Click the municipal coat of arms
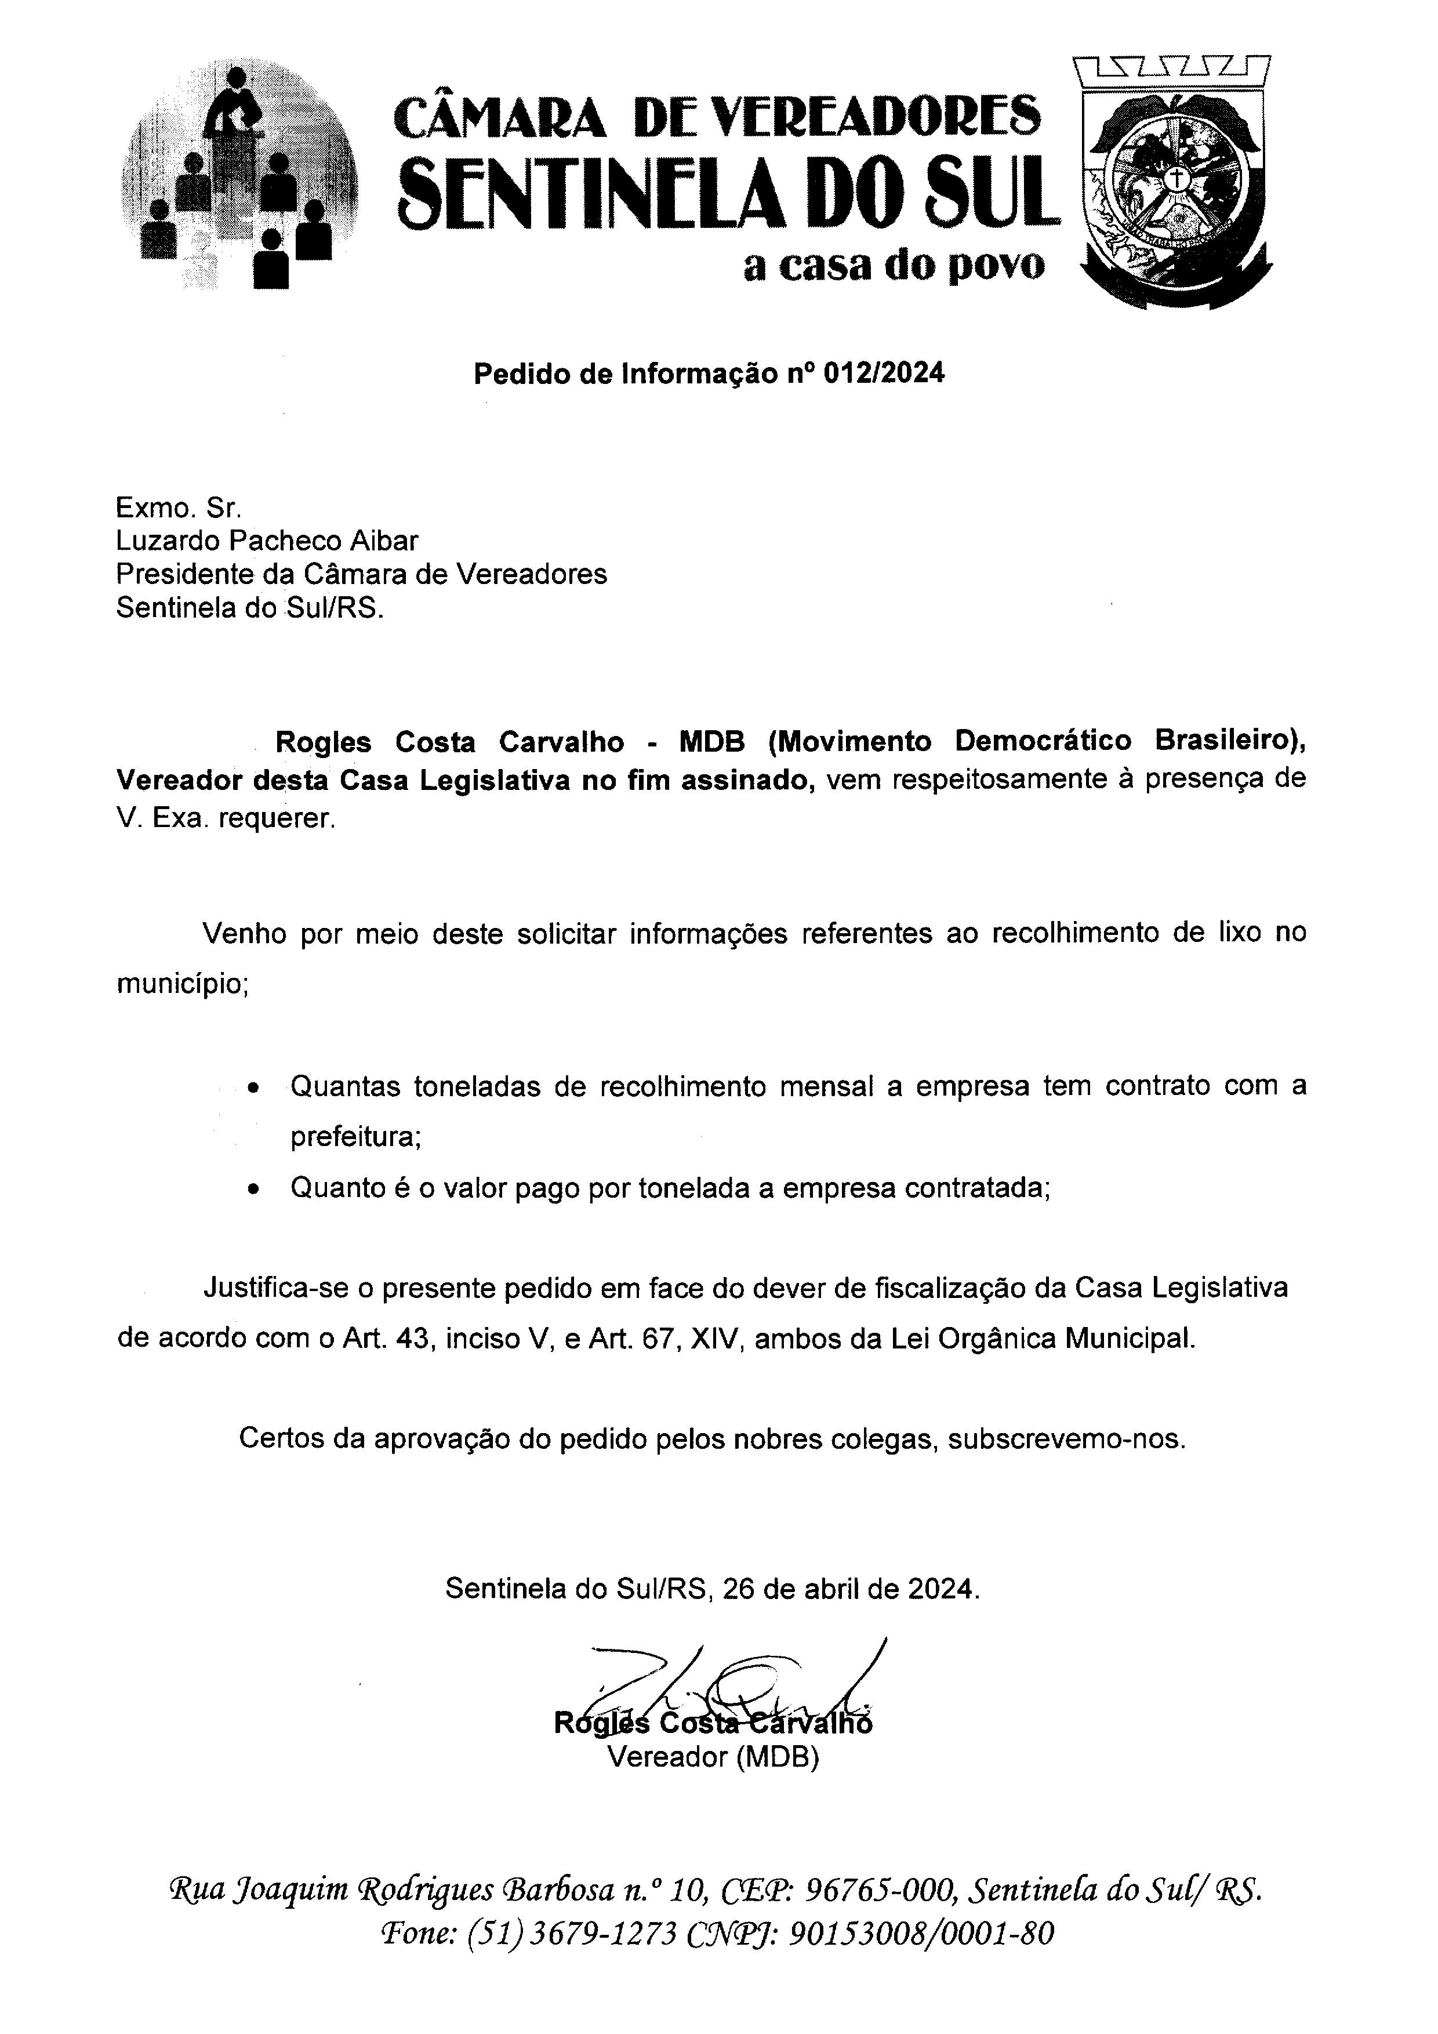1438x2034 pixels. (x=1174, y=182)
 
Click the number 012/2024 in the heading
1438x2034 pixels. (x=883, y=374)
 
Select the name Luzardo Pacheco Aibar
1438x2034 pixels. (x=267, y=541)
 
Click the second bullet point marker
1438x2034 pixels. (x=254, y=1191)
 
